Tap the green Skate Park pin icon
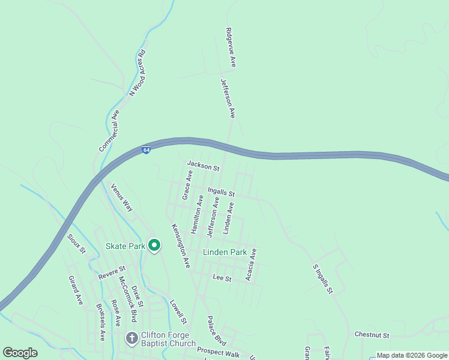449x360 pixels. tap(154, 245)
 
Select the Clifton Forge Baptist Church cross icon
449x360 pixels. tap(132, 338)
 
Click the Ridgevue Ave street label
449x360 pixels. tap(231, 46)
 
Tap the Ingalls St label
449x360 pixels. tap(221, 192)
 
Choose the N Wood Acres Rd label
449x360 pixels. tap(137, 73)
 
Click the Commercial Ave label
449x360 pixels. tap(109, 130)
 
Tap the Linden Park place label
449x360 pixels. tap(224, 252)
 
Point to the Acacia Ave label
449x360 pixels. tap(252, 264)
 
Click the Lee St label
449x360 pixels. tap(222, 278)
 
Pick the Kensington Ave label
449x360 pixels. tap(181, 245)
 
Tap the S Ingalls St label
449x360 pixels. tap(322, 279)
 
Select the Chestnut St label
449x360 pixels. tap(372, 335)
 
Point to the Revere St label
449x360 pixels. tap(112, 272)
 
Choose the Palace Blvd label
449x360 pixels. tap(215, 331)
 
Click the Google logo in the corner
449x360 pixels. tap(20, 352)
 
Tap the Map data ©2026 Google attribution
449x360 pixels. tap(412, 355)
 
